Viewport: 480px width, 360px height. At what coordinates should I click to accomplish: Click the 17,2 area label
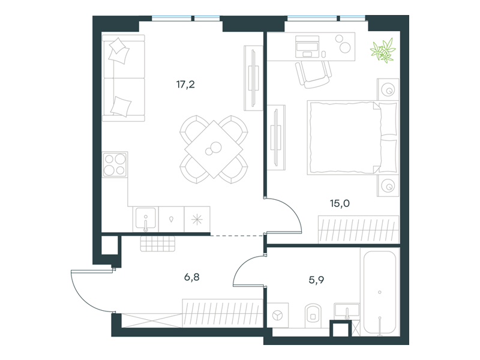185,84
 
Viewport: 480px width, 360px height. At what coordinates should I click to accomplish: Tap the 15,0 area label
340,203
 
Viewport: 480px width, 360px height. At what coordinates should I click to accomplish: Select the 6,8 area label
192,277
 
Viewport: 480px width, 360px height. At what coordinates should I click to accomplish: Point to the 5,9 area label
316,280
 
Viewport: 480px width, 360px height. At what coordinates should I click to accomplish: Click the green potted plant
383,50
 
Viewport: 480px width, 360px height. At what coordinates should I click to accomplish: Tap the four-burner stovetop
115,164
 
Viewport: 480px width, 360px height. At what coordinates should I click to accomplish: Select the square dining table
214,149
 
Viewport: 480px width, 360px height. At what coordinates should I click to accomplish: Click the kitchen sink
146,218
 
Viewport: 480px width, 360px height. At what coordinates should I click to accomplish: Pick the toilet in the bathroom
313,316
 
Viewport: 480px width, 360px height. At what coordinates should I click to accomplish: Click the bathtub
380,292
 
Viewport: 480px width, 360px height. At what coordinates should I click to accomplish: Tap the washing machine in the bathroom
278,316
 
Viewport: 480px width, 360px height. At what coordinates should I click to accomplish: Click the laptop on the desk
307,47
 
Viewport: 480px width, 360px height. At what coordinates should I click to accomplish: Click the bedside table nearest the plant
388,89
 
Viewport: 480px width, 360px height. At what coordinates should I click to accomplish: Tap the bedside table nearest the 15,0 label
388,185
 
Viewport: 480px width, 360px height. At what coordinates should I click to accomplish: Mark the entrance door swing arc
83,298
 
